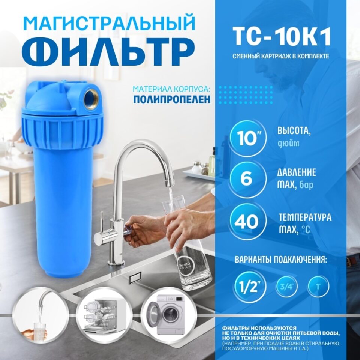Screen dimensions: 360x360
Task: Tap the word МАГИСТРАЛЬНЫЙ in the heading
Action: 109,24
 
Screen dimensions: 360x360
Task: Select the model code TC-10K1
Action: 282,37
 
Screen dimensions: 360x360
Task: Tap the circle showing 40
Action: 247,221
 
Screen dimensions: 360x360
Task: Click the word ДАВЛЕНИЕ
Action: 297,173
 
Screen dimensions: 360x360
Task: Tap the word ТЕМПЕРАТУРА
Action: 305,217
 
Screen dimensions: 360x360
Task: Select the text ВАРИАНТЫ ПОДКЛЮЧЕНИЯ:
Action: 280,260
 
